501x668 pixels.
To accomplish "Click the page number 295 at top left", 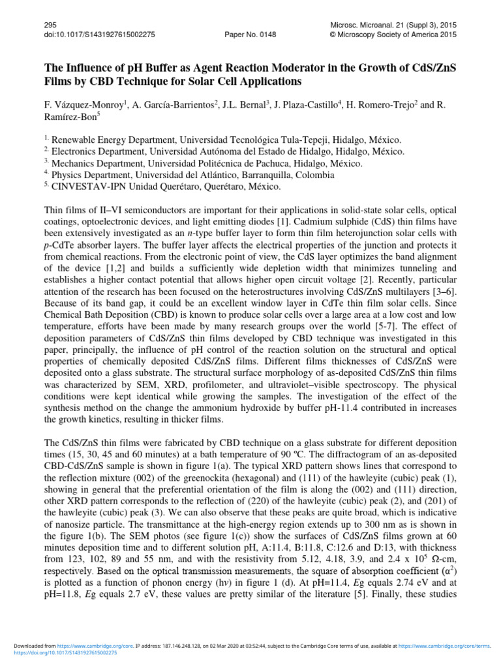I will coord(50,24).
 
